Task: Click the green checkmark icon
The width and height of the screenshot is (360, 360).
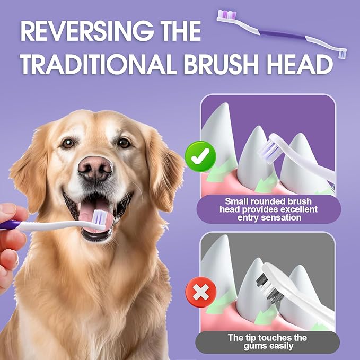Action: click(200, 155)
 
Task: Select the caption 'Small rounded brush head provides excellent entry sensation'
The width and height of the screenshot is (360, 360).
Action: click(267, 209)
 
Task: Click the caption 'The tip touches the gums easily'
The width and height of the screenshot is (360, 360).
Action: click(267, 342)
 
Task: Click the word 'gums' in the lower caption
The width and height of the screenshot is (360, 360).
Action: click(255, 346)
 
